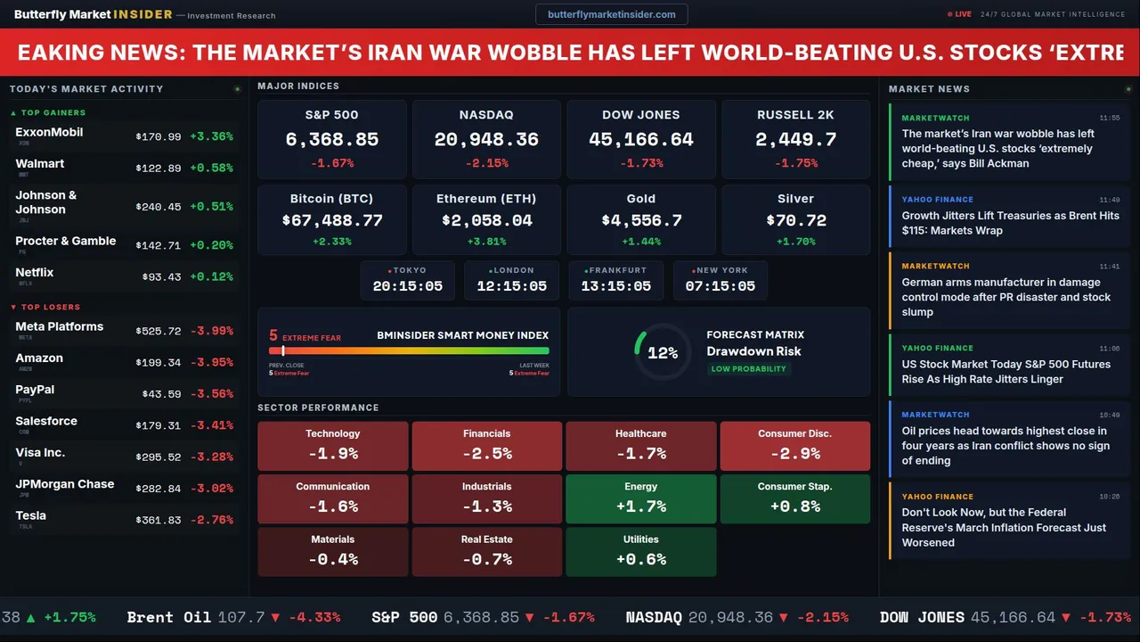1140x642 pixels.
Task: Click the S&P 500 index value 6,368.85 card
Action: (x=331, y=139)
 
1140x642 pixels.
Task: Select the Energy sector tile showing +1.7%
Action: (x=640, y=498)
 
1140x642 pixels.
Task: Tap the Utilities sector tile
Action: (x=640, y=551)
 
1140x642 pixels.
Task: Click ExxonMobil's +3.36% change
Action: (x=212, y=136)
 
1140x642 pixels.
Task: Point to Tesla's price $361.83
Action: (x=159, y=520)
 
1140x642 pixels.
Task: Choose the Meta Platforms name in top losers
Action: (x=60, y=326)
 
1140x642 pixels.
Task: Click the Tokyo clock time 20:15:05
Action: (x=407, y=286)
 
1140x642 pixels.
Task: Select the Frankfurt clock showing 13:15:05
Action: (x=615, y=286)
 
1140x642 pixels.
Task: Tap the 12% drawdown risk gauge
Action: (x=662, y=353)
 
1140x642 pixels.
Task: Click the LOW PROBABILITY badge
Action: (x=748, y=369)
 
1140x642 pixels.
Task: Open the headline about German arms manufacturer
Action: (x=1006, y=297)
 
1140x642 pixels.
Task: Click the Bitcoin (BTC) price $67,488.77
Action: (x=331, y=220)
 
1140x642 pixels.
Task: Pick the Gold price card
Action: (x=641, y=219)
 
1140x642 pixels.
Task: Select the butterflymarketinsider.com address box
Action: (x=612, y=14)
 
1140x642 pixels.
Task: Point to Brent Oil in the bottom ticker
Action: (x=169, y=617)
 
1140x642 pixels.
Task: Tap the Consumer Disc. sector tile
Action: (x=794, y=446)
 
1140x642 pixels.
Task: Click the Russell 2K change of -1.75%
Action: (x=795, y=163)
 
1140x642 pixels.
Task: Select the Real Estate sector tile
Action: (x=486, y=551)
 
